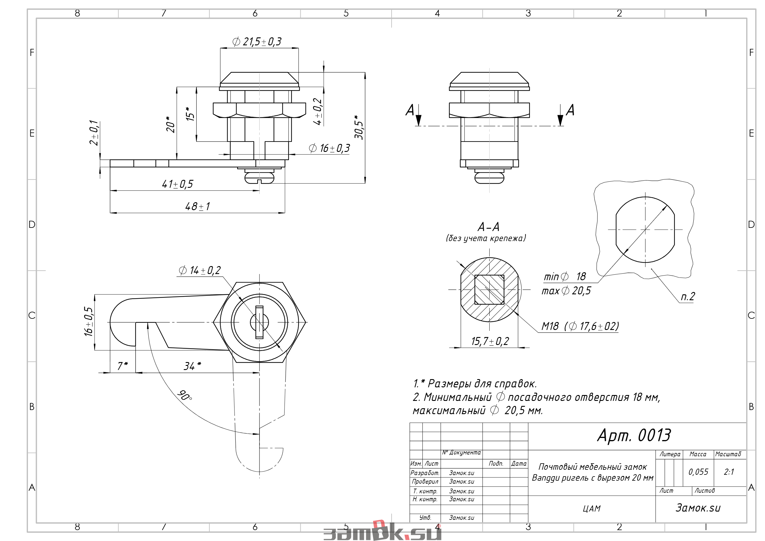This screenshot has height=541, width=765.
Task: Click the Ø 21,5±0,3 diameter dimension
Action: pos(257,42)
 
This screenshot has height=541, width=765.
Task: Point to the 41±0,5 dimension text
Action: pos(177,184)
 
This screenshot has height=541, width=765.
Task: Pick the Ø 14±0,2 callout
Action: pos(199,270)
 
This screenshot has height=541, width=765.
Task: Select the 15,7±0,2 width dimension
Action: pos(490,341)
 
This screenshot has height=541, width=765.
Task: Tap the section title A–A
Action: pos(488,227)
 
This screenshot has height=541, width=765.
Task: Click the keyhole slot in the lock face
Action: pos(259,322)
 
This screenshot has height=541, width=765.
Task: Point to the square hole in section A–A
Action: pos(489,289)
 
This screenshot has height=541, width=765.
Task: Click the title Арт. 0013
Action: pos(634,435)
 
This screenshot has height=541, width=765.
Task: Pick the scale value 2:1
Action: pos(729,472)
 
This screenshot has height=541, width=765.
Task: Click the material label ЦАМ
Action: pos(591,508)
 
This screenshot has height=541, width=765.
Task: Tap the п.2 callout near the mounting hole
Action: pos(688,296)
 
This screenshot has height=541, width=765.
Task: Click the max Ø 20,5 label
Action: pos(566,291)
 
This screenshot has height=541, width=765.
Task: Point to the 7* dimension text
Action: pos(123,366)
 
